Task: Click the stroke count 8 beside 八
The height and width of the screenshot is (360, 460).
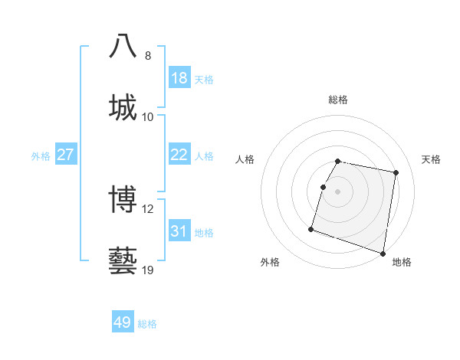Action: click(x=148, y=55)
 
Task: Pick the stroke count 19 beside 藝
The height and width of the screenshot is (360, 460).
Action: click(x=148, y=270)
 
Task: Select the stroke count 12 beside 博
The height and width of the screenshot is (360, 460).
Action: click(x=148, y=208)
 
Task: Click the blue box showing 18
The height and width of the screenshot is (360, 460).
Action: click(x=179, y=78)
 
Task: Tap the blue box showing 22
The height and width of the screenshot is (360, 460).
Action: click(x=179, y=155)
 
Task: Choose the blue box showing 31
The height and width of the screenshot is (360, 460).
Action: click(x=179, y=231)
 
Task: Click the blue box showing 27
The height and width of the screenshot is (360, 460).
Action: click(x=66, y=155)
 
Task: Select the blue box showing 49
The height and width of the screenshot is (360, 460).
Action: click(x=123, y=322)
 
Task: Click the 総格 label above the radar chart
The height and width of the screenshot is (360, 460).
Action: click(x=338, y=100)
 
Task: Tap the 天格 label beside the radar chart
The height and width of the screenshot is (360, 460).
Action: click(x=432, y=159)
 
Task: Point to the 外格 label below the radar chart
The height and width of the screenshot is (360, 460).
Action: click(x=270, y=262)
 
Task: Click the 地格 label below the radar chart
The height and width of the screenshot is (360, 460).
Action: click(x=402, y=262)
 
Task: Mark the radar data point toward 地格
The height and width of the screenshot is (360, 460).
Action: click(x=382, y=253)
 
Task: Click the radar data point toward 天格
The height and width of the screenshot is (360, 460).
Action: click(x=396, y=173)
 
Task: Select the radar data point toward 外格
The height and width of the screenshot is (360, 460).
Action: click(x=311, y=228)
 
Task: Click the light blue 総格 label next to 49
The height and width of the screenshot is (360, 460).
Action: click(x=147, y=324)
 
